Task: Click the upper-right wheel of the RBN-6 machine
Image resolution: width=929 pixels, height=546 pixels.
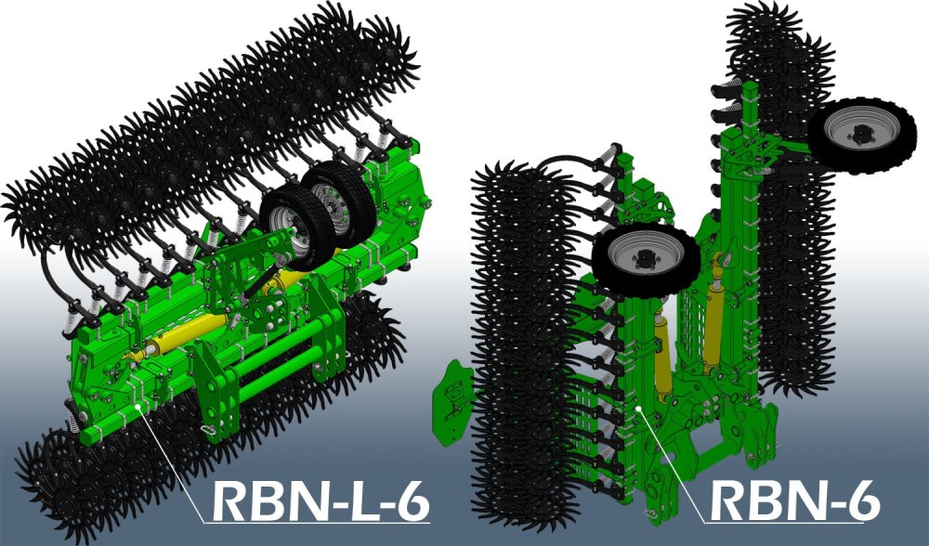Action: [x=862, y=136]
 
